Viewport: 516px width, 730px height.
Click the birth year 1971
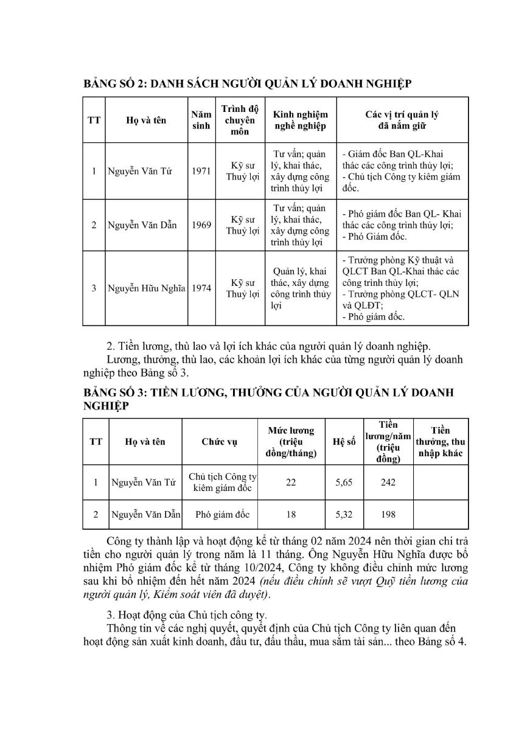201,171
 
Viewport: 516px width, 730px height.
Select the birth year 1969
201,225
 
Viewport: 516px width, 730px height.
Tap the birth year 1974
201,288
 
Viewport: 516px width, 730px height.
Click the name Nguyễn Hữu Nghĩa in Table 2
146,288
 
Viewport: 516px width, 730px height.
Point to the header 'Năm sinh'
201,120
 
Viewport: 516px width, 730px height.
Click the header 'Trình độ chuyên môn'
240,120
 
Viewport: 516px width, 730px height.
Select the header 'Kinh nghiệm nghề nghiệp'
300,120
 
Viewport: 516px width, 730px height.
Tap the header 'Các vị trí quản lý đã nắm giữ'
402,120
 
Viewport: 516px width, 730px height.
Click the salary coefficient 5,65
344,482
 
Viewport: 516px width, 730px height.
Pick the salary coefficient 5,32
344,515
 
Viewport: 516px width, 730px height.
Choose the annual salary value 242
388,482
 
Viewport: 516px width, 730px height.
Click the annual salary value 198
388,515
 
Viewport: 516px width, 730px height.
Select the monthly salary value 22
291,482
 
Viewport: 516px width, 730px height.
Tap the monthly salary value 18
291,515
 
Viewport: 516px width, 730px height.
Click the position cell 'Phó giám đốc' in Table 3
223,515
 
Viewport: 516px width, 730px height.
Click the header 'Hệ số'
344,442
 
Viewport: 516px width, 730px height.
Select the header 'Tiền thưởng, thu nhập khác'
440,442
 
